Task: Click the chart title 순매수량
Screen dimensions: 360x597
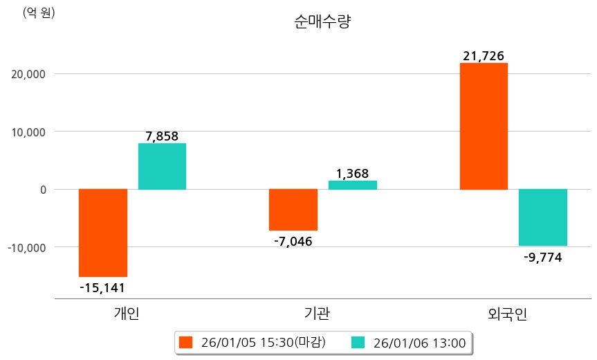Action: pos(322,21)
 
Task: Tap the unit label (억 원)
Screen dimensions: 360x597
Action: pos(39,12)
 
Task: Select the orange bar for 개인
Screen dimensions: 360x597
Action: pos(103,233)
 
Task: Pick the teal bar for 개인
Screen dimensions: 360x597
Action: pos(162,166)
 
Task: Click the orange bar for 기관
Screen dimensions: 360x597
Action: pos(293,209)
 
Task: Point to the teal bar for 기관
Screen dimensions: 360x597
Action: pos(353,185)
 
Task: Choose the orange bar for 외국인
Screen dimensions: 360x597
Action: pos(484,126)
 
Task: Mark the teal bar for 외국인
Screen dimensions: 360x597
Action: pos(543,217)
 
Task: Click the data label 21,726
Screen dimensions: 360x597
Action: pos(484,55)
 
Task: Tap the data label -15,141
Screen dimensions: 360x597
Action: pos(102,287)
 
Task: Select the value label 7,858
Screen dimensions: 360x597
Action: pos(162,136)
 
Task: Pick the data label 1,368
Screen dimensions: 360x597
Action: pos(353,173)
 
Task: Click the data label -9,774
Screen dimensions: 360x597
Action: pos(543,258)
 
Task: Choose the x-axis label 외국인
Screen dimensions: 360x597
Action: pos(507,314)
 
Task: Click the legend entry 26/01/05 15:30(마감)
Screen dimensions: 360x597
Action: pos(252,342)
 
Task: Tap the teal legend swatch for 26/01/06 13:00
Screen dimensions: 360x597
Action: pos(358,342)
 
